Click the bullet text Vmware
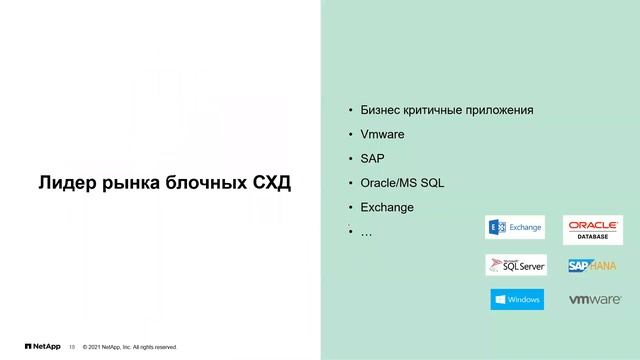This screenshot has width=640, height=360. (x=382, y=133)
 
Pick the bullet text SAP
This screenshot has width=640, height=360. (x=372, y=158)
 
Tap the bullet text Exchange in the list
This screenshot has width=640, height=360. (x=386, y=207)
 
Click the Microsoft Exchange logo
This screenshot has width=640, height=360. (x=515, y=228)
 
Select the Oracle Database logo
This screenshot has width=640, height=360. (x=593, y=228)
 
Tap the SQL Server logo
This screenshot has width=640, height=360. (x=515, y=265)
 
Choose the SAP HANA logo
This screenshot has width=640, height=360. (x=593, y=265)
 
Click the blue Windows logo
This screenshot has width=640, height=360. (x=517, y=299)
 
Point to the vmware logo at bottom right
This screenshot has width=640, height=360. (x=593, y=299)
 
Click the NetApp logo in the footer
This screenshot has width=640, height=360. (x=41, y=347)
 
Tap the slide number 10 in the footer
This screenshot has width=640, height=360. (x=71, y=347)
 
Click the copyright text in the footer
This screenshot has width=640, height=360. (x=130, y=347)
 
